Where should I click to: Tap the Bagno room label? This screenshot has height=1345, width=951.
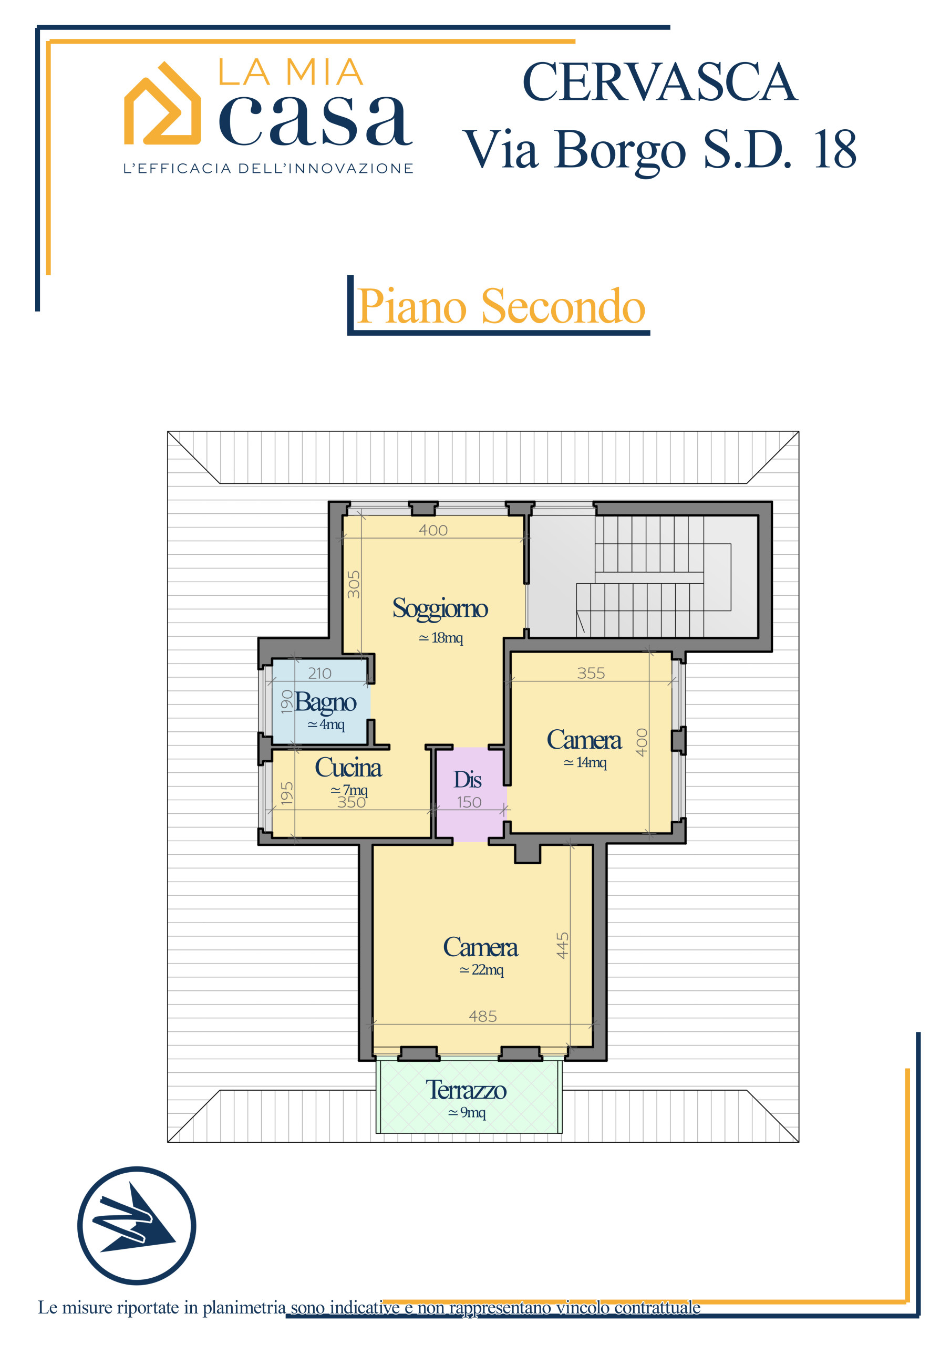(325, 703)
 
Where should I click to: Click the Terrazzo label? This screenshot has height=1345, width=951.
(466, 1090)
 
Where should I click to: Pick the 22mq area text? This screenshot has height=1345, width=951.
(481, 970)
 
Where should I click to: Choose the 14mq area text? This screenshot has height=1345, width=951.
(585, 763)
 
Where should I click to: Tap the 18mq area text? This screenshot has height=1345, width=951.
(441, 638)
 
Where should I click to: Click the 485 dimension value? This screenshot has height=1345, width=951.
(483, 1016)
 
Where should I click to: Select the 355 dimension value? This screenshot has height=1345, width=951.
(591, 673)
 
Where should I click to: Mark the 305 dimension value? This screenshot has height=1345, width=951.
(353, 584)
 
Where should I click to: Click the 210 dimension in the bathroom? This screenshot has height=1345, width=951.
(319, 674)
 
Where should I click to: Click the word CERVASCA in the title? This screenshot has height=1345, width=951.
(659, 82)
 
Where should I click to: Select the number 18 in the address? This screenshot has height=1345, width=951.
(835, 149)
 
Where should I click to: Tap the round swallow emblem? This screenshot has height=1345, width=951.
(137, 1226)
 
